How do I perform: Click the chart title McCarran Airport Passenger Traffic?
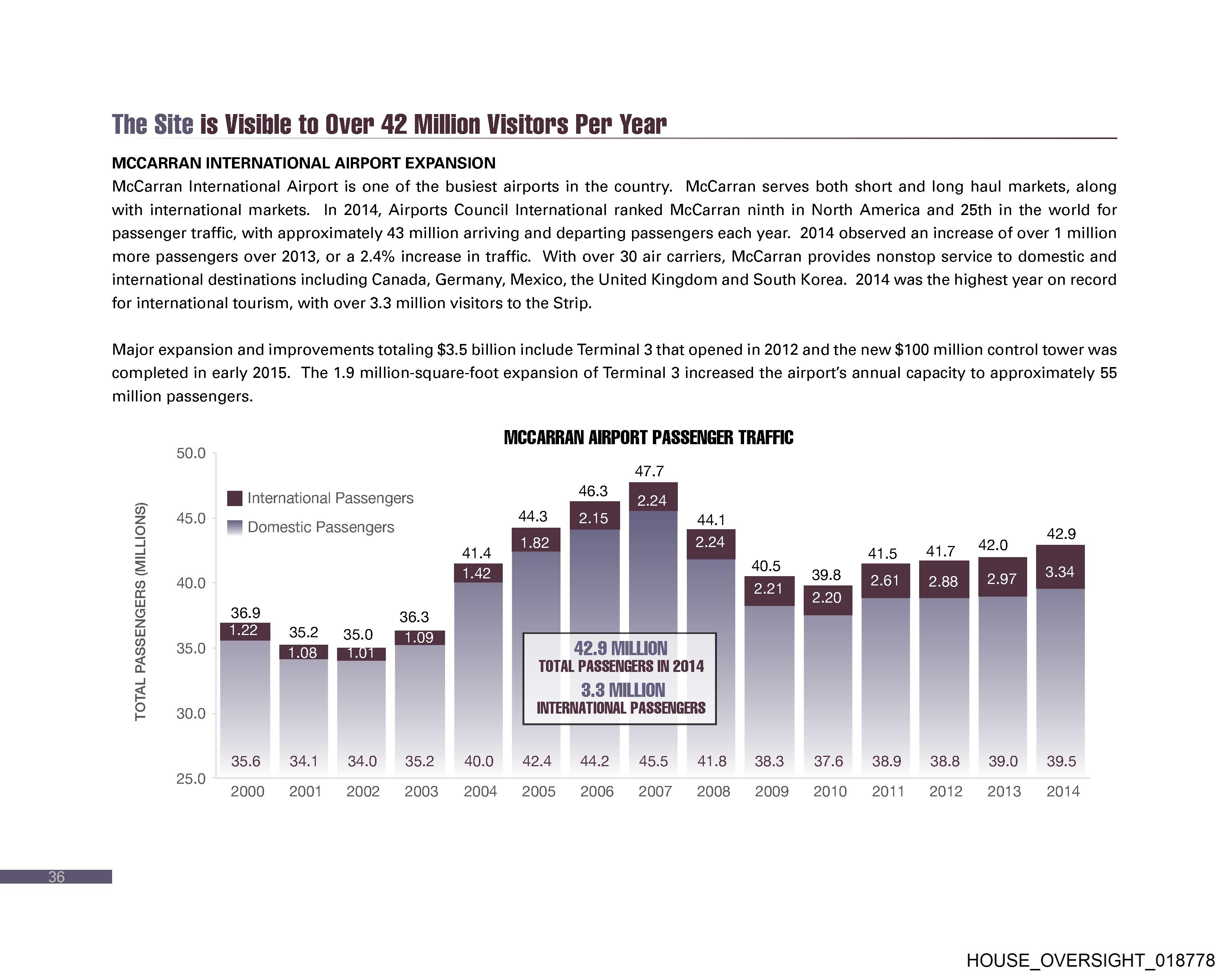(648, 438)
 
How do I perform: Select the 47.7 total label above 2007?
(649, 471)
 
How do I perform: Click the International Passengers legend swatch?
(234, 498)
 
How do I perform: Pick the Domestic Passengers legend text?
(320, 527)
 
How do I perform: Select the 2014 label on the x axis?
(1063, 791)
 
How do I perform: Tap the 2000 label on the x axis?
(247, 791)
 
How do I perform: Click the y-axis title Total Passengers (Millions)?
(140, 612)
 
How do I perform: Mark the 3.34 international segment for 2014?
(1060, 572)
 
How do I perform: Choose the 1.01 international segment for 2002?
(361, 653)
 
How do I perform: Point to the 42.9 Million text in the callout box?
(620, 648)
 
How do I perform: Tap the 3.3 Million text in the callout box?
(622, 690)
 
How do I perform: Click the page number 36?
(57, 877)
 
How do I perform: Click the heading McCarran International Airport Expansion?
(303, 163)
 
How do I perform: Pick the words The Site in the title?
(153, 124)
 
